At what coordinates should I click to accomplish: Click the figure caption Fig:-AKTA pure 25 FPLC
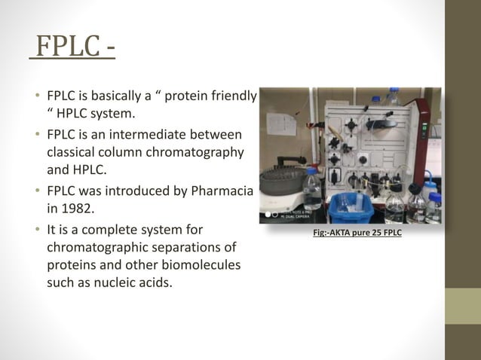point(357,233)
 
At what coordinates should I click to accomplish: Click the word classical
point(72,153)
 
